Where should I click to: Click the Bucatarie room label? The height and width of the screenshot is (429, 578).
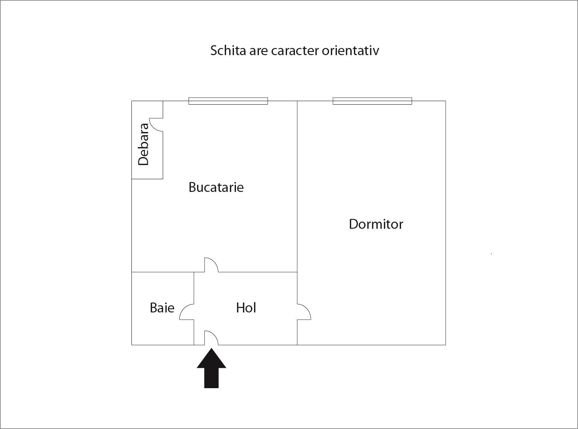point(216,187)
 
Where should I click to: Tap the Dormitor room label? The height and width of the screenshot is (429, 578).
point(376,224)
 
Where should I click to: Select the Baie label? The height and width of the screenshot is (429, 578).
point(162,308)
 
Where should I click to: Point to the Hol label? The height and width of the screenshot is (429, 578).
point(246,308)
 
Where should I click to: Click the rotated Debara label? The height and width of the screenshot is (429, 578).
point(143,144)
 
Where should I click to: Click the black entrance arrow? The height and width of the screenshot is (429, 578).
point(211,368)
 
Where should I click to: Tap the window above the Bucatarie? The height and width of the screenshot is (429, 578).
point(228,101)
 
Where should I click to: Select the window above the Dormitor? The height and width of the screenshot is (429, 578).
point(372,101)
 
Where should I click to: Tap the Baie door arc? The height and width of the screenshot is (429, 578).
point(186,312)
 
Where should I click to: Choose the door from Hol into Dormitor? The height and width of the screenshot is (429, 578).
point(304,312)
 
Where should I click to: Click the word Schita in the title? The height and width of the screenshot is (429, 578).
point(228,51)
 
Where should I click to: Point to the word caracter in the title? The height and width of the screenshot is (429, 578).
point(295,51)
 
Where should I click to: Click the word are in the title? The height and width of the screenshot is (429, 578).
point(258,51)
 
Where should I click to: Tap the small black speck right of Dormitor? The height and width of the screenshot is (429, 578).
point(491,254)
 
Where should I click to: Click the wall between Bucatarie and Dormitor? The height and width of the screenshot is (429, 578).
point(297,178)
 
